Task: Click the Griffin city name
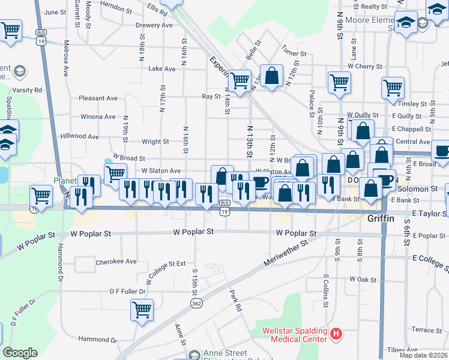[381, 219]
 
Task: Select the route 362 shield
[196, 304]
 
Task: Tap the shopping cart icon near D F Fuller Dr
[142, 310]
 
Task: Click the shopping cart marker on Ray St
[240, 80]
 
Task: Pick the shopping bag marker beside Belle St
[272, 76]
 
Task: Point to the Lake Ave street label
[162, 69]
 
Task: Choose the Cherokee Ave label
[116, 262]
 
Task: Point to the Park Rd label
[235, 301]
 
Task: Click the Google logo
[20, 353]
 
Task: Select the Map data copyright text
[423, 355]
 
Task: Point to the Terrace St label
[427, 330]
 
